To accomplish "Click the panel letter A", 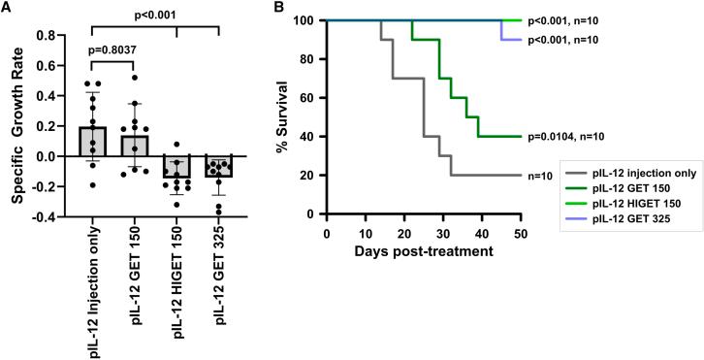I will (x=7, y=8).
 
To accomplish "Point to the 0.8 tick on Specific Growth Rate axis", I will (x=51, y=36).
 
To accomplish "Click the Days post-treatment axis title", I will (x=423, y=250).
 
